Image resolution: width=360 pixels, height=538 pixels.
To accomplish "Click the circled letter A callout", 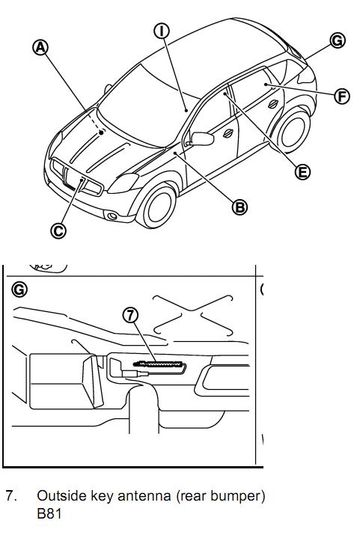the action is [40, 48].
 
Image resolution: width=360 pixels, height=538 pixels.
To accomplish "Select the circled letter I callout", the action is [162, 31].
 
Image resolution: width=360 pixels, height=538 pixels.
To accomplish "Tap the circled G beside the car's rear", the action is [338, 40].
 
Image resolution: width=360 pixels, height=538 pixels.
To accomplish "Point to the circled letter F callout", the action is [342, 97].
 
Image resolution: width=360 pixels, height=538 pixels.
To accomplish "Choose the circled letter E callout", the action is [302, 171].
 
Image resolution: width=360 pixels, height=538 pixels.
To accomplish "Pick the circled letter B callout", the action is [240, 207].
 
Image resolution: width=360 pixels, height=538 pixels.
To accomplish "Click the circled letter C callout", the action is [58, 230].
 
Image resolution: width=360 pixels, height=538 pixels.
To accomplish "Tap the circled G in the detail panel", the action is [19, 290].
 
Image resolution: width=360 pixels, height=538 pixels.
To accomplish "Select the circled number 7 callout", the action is [130, 314].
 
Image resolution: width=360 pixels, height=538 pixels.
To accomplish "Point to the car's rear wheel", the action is [293, 133].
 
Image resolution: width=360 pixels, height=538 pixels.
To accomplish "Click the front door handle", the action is [228, 133].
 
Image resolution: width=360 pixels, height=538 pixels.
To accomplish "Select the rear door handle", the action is [273, 103].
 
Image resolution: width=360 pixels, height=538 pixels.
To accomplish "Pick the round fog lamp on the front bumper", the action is [112, 216].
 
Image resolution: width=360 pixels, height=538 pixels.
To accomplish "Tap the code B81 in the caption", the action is [49, 514].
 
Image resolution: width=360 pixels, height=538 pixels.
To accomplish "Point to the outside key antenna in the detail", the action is [159, 364].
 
